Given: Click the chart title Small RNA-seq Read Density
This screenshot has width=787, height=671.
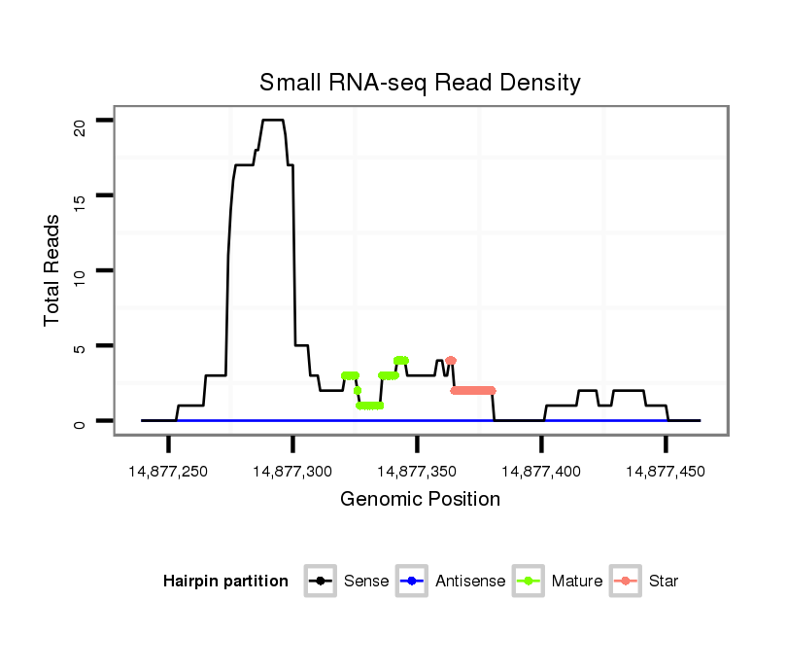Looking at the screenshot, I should pos(420,83).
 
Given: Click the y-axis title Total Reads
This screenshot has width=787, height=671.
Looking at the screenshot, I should pos(53,269).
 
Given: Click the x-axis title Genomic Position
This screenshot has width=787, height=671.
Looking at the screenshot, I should pos(420,500).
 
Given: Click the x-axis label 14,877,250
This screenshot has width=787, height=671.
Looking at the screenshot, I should pos(168,472).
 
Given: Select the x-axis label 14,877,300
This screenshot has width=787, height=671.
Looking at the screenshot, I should pos(292,472).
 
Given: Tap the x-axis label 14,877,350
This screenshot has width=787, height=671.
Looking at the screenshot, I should pos(417,472).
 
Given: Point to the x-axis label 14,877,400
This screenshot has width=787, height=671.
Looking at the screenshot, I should pos(541,472).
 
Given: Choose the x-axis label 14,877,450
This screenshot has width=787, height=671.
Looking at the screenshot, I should pos(666,472).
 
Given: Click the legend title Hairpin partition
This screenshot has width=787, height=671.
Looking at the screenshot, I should pos(225,582).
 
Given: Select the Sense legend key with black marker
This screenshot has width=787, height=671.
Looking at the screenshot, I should pos(320,582).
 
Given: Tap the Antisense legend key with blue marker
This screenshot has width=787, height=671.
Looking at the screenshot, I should pos(412,582).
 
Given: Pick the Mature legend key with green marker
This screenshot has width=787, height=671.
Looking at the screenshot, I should pos(529,582).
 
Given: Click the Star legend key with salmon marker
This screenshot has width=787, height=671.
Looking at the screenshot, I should pos(626,582).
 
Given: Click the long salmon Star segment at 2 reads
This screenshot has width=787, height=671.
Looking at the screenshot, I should pos(473,391).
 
